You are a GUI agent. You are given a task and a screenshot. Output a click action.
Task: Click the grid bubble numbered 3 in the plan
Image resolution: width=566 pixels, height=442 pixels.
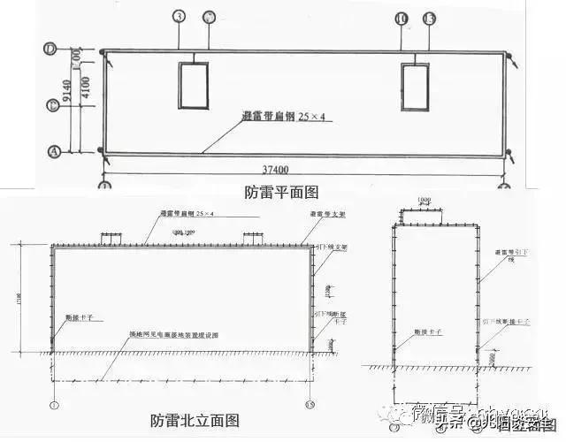point(179,17)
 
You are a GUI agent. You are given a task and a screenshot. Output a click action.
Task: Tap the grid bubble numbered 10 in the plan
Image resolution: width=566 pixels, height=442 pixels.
point(402,18)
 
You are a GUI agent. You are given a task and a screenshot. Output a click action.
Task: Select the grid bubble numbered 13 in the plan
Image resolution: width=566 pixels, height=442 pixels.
point(429,18)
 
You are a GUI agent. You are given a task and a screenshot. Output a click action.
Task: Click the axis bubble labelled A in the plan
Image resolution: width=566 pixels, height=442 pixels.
point(53,151)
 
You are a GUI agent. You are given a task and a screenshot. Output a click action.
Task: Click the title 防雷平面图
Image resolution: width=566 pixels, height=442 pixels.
point(280,191)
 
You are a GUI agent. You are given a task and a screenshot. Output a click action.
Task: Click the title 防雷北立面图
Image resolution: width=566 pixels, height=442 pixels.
point(195,420)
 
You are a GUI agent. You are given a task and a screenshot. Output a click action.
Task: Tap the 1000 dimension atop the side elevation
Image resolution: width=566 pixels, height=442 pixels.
point(424,200)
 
